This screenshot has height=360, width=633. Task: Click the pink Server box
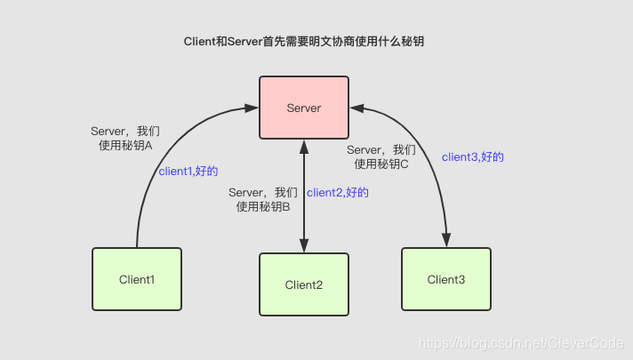[303, 108]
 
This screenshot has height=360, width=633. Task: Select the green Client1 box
[137, 278]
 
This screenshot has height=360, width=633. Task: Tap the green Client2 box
[303, 284]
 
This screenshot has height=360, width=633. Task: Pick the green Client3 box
[445, 278]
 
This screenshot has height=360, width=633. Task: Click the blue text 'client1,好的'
[188, 172]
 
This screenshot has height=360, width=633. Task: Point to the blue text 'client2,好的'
[337, 192]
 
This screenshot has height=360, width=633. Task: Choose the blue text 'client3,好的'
[473, 156]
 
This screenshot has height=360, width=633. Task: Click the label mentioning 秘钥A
[125, 137]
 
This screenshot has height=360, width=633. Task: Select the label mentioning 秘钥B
[263, 199]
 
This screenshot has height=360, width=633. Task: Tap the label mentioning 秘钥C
[381, 156]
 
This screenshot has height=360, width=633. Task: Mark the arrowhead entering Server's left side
[252, 108]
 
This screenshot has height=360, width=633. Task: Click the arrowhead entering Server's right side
[355, 108]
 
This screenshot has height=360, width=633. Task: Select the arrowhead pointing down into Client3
[445, 241]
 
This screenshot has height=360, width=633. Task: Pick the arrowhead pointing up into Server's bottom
[304, 146]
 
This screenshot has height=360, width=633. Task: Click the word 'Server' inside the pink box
[303, 108]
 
